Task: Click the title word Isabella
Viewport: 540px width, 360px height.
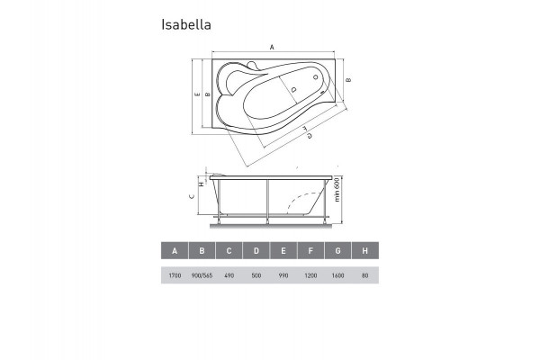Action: (186, 25)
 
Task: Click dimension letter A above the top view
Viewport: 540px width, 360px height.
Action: (271, 46)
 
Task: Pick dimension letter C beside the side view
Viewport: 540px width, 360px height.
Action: (191, 196)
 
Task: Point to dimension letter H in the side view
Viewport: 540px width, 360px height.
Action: (202, 184)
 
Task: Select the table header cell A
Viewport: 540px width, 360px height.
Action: (175, 252)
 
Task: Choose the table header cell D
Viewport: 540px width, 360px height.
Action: (256, 252)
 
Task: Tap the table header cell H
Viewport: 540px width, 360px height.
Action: (364, 252)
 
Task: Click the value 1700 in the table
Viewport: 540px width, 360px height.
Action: (175, 277)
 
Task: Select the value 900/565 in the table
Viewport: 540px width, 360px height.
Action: (202, 277)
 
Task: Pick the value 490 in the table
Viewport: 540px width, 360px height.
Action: (229, 277)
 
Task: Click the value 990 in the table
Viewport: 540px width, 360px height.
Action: (283, 277)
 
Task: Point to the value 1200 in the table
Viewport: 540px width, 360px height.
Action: (310, 277)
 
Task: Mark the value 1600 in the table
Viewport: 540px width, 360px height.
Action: (337, 277)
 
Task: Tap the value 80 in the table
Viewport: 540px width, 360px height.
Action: (364, 277)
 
